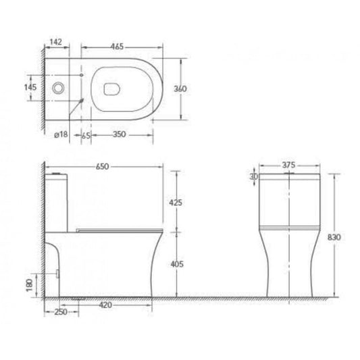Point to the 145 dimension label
(x=30, y=87)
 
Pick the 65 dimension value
(x=86, y=136)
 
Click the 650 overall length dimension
(x=103, y=166)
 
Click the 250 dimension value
(x=60, y=313)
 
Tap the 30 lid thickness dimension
(x=254, y=178)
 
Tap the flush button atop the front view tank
(x=288, y=174)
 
